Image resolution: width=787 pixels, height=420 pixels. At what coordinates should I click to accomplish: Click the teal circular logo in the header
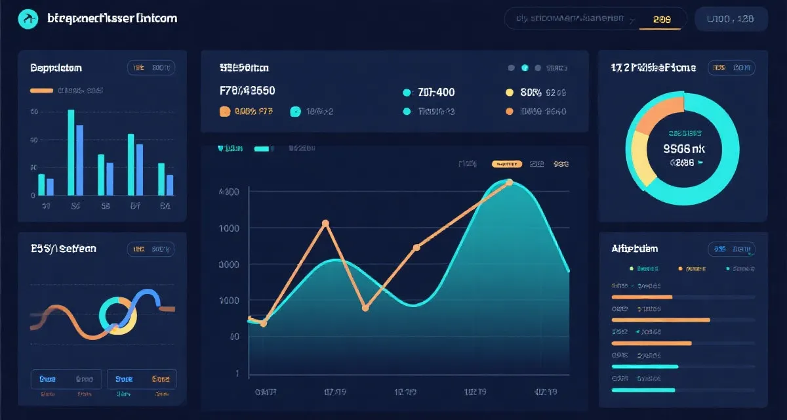click(x=28, y=19)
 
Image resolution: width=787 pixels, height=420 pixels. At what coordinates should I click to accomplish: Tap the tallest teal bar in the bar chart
click(x=71, y=152)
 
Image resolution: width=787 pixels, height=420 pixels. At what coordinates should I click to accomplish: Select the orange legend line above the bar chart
click(x=41, y=91)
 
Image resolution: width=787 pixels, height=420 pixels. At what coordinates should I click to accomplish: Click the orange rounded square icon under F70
click(x=225, y=112)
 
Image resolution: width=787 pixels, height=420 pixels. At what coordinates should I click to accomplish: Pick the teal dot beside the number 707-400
click(x=407, y=93)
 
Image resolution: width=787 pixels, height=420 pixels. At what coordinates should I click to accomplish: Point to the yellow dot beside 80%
click(x=510, y=93)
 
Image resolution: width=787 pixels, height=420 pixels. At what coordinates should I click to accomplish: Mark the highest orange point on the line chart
click(x=509, y=183)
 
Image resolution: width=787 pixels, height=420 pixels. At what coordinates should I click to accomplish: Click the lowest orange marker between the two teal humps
click(x=365, y=307)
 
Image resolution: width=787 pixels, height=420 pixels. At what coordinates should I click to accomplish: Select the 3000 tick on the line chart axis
click(x=228, y=264)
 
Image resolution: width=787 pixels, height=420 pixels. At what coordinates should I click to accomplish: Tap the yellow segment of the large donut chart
click(x=639, y=157)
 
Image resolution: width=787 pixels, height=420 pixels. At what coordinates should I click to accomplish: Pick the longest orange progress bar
click(x=660, y=320)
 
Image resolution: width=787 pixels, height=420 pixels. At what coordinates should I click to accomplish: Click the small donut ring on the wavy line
click(x=118, y=315)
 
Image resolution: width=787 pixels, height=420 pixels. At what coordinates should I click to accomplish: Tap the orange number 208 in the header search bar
click(x=662, y=19)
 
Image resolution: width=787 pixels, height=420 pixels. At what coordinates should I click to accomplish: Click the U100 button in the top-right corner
click(x=731, y=19)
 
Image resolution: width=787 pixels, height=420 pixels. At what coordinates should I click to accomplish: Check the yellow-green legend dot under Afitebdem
click(x=631, y=268)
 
